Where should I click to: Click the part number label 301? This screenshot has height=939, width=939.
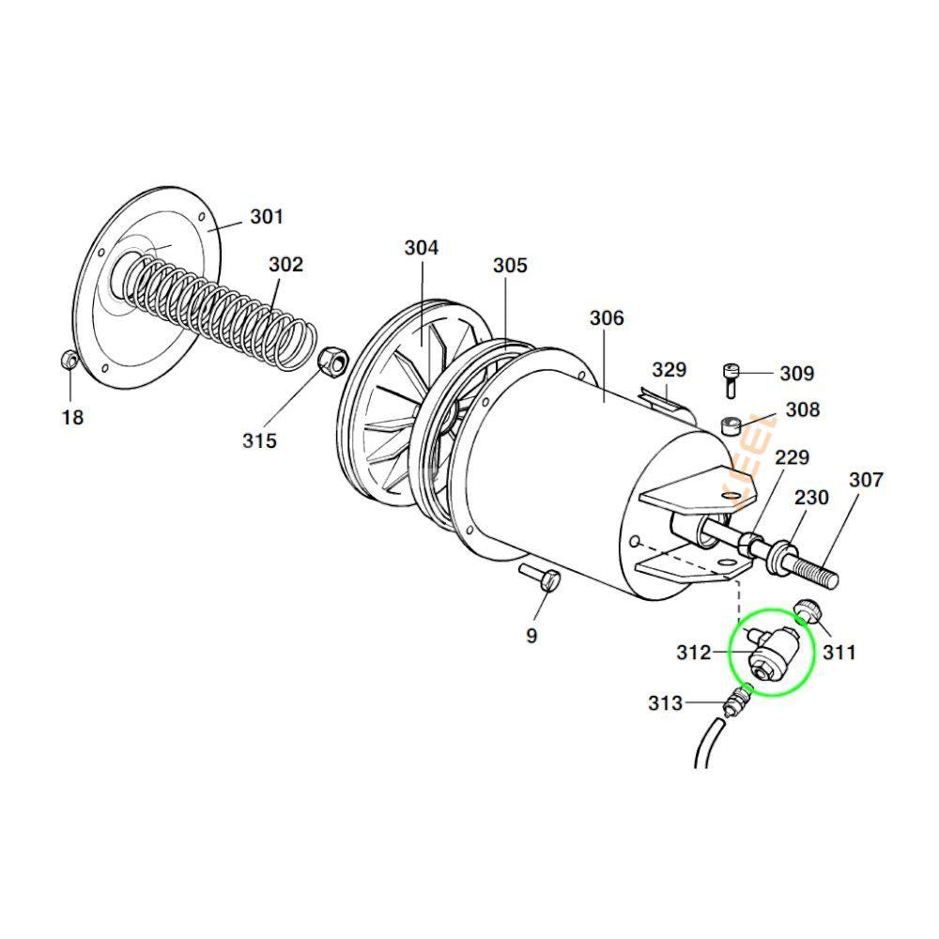click(266, 218)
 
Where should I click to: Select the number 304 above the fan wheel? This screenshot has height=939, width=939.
click(422, 248)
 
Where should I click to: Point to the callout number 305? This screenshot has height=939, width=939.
click(510, 266)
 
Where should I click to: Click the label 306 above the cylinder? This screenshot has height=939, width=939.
click(607, 318)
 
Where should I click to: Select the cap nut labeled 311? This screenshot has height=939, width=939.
click(808, 611)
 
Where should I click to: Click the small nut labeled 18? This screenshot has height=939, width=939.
click(69, 360)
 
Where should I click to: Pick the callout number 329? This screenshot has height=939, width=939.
click(670, 370)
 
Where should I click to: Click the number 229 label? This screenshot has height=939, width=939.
click(792, 457)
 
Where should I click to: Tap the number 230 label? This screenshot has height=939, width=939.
click(811, 497)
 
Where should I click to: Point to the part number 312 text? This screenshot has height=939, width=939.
click(694, 652)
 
